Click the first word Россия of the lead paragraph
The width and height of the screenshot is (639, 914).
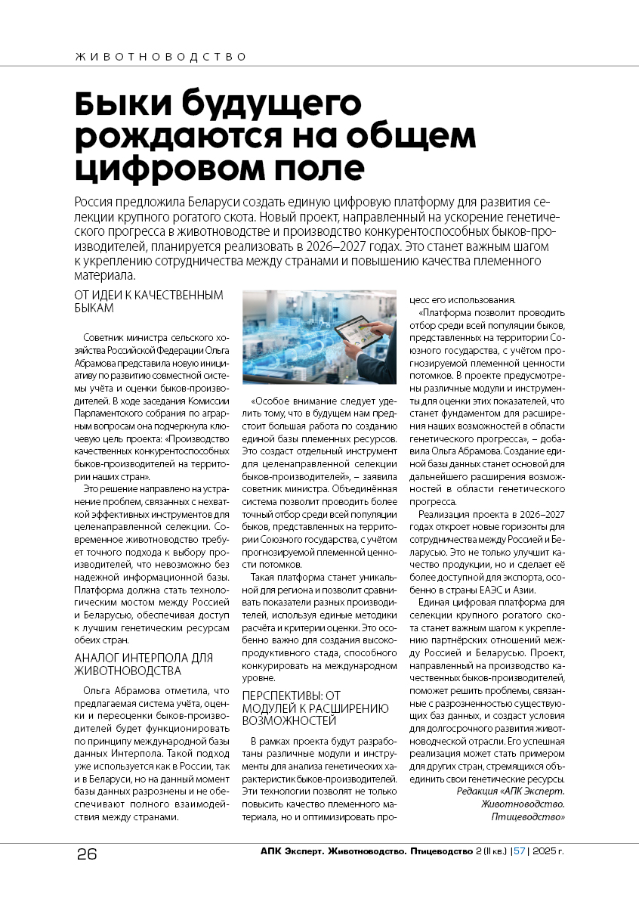[x=96, y=203]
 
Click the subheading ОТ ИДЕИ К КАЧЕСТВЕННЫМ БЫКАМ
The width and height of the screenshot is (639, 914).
[x=149, y=301]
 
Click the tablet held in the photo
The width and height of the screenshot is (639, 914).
[x=357, y=335]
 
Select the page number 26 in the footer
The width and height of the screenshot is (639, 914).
[x=87, y=854]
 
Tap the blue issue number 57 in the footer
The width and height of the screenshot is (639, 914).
[x=519, y=851]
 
